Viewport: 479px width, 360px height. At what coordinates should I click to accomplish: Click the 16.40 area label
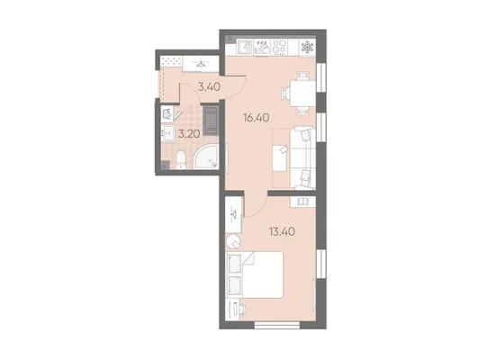point(257,117)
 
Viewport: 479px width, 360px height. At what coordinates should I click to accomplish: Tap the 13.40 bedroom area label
point(282,232)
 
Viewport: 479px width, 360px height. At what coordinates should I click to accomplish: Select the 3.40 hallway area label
point(209,87)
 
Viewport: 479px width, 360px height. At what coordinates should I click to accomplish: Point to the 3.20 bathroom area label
point(189,134)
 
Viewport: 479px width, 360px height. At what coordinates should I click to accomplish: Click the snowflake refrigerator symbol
point(307,47)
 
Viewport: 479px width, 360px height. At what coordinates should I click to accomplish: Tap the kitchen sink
point(245,48)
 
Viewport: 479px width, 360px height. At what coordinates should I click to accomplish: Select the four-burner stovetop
point(279,48)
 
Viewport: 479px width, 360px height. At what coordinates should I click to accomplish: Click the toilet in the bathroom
point(181,159)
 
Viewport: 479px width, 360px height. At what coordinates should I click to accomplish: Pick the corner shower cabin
point(206,157)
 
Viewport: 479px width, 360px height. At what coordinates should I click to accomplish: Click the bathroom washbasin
point(167,133)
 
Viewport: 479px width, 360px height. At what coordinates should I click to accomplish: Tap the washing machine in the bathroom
point(167,114)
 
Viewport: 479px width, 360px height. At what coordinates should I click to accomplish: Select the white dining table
point(303,93)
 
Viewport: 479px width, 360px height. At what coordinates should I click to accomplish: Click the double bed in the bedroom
point(254,274)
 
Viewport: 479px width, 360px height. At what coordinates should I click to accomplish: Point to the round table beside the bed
point(233,241)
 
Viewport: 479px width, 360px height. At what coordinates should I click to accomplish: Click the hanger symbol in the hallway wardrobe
point(201,64)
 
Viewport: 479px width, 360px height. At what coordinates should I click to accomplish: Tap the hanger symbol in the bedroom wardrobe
point(234,214)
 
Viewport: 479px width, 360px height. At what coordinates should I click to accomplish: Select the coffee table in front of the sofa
point(280,158)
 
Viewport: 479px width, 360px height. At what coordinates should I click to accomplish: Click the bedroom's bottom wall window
point(277,325)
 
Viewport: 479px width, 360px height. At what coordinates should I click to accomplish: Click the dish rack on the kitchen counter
point(262,48)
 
